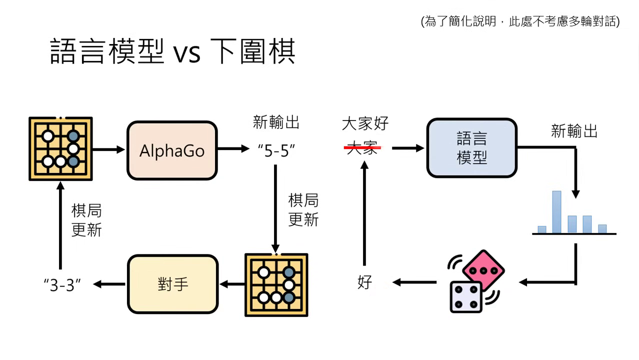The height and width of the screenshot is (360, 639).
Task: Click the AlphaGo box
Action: [x=172, y=150]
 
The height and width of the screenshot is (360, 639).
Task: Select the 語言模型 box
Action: [x=471, y=148]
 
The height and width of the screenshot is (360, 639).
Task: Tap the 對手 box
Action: [x=173, y=284]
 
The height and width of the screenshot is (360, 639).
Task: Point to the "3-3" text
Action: [x=62, y=285]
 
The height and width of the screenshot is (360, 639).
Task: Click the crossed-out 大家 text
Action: [x=362, y=147]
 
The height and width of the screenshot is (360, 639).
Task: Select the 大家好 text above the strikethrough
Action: [x=365, y=123]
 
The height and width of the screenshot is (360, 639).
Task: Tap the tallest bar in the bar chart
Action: [x=556, y=212]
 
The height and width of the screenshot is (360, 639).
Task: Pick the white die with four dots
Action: [x=465, y=296]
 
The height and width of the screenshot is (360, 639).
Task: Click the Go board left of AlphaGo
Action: [x=60, y=148]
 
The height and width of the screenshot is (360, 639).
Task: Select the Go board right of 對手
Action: [x=276, y=285]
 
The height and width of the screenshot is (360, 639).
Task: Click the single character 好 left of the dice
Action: [x=364, y=282]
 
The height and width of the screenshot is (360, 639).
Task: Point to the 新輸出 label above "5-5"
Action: [x=276, y=122]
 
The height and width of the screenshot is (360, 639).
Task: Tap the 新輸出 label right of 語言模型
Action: [x=574, y=131]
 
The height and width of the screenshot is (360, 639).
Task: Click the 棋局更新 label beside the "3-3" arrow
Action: [x=86, y=220]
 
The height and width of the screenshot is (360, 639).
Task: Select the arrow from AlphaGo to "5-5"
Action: [x=233, y=148]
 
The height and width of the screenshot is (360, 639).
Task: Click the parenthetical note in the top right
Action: [x=520, y=21]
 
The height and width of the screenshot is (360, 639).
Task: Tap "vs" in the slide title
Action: [x=187, y=53]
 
